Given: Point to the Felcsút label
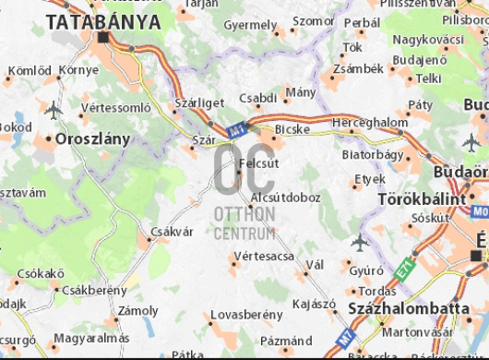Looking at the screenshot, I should point(258,163).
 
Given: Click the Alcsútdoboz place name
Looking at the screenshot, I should point(285,197).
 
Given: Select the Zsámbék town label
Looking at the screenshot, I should point(359,68).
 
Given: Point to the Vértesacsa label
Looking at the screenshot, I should point(264,255).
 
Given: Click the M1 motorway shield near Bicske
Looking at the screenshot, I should point(238,131).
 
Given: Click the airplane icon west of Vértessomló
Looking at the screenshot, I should point(53,109).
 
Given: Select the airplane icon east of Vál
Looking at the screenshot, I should point(360,242).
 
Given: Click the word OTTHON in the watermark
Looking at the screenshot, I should point(244,214).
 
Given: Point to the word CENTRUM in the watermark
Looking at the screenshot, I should point(244,234).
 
